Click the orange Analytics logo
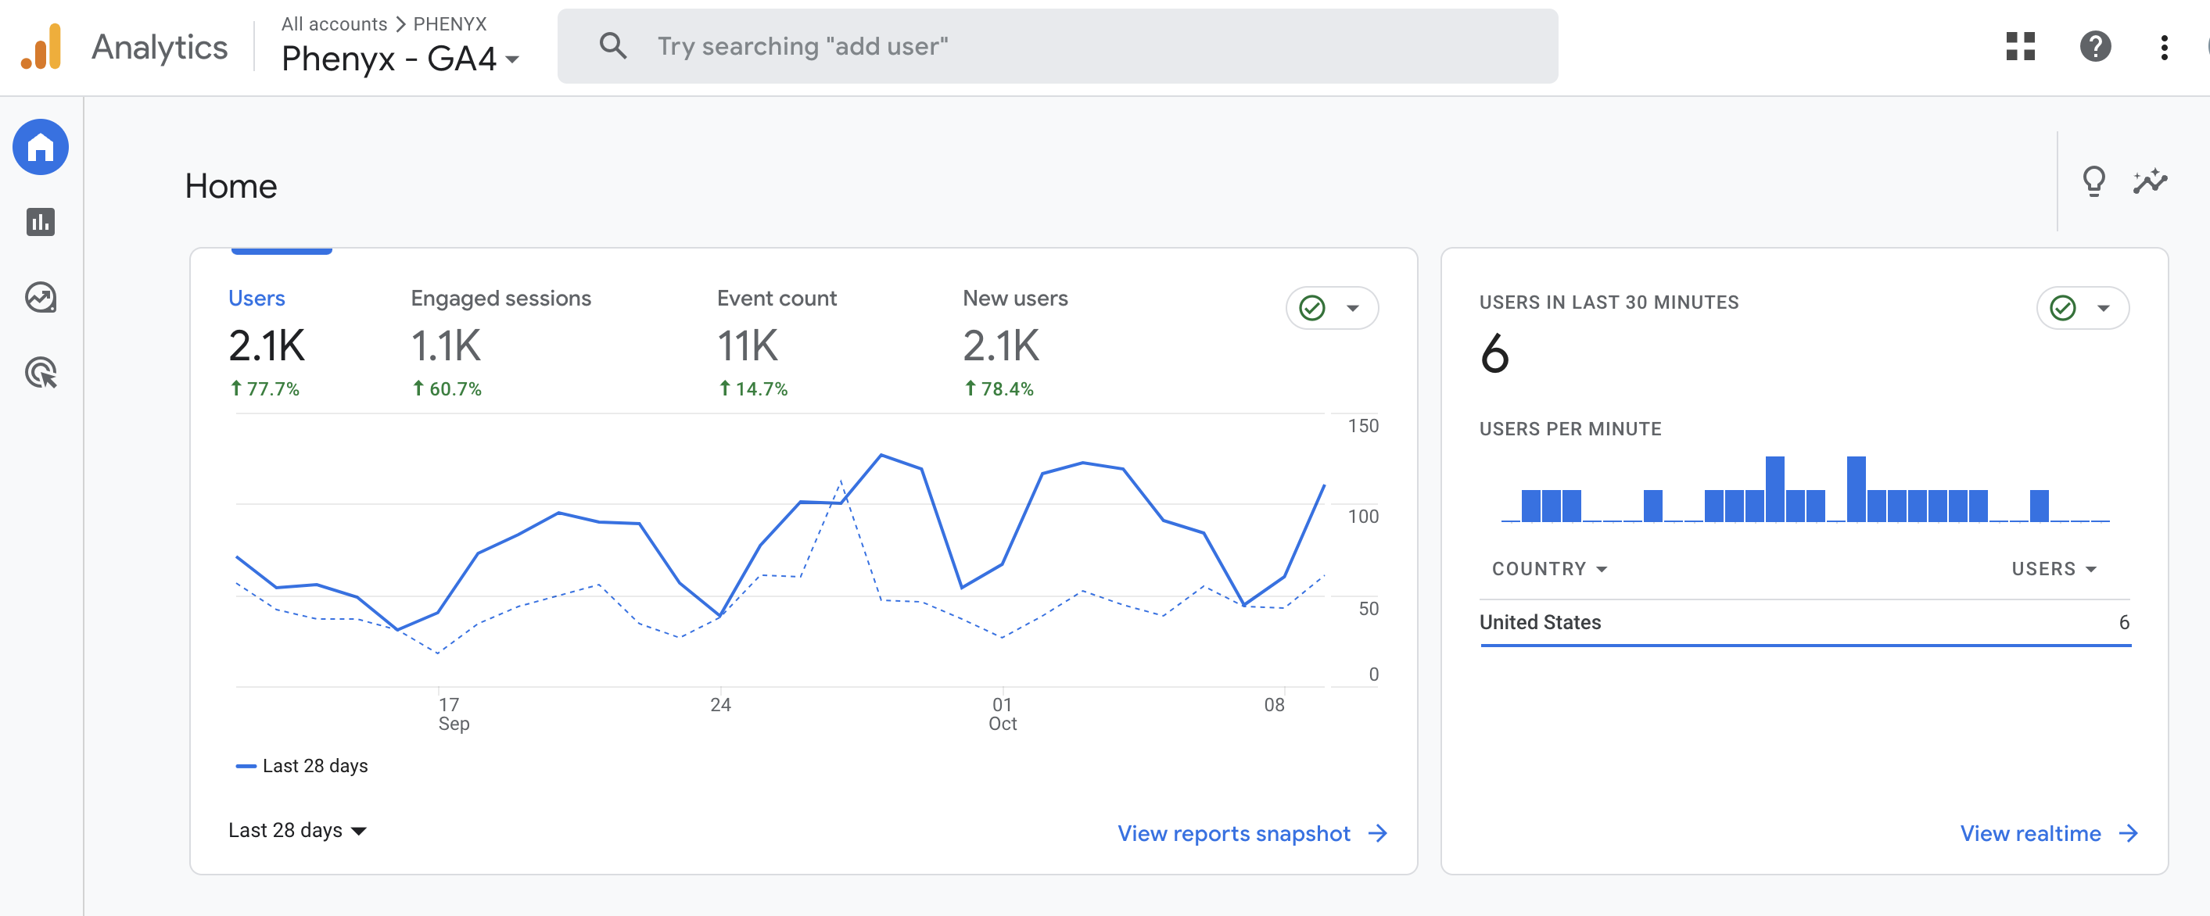(x=41, y=46)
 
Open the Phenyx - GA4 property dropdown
(x=400, y=59)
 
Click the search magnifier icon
(x=612, y=45)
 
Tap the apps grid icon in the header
(x=2021, y=46)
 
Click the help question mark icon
(x=2095, y=46)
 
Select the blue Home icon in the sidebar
(x=41, y=148)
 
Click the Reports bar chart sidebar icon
(x=41, y=222)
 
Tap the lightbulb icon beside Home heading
(x=2093, y=181)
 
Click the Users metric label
(x=257, y=298)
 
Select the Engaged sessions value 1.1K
(x=446, y=345)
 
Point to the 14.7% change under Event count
(x=752, y=388)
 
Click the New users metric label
(x=1015, y=298)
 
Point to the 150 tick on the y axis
(x=1362, y=425)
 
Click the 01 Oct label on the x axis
(x=1002, y=714)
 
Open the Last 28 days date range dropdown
(x=297, y=829)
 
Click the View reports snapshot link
(x=1252, y=833)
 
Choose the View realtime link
(x=2049, y=833)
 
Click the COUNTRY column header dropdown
(x=1548, y=569)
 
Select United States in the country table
(x=1540, y=622)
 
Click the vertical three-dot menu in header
(x=2164, y=46)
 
